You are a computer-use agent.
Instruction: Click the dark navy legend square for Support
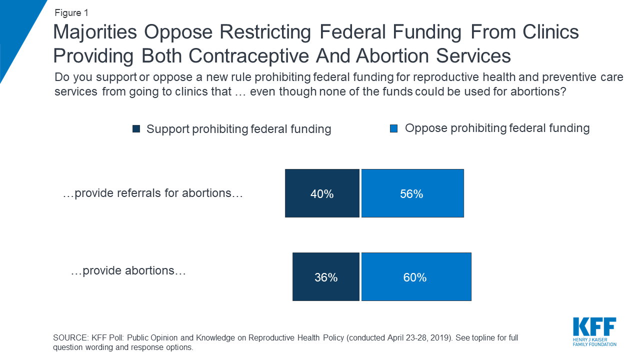click(x=136, y=129)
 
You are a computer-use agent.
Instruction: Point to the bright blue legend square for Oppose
click(x=393, y=128)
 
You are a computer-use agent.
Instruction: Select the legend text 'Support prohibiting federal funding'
click(x=238, y=129)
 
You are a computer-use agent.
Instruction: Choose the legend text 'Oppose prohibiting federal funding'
click(x=497, y=128)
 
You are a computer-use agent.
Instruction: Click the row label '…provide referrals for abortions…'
click(x=152, y=193)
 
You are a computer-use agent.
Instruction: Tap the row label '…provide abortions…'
click(x=128, y=271)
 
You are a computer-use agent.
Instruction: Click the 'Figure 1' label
click(x=71, y=13)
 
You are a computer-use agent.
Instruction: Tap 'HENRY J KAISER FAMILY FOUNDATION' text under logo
click(x=594, y=342)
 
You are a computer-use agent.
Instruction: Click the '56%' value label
click(x=411, y=194)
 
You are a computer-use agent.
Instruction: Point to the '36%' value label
click(x=326, y=277)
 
